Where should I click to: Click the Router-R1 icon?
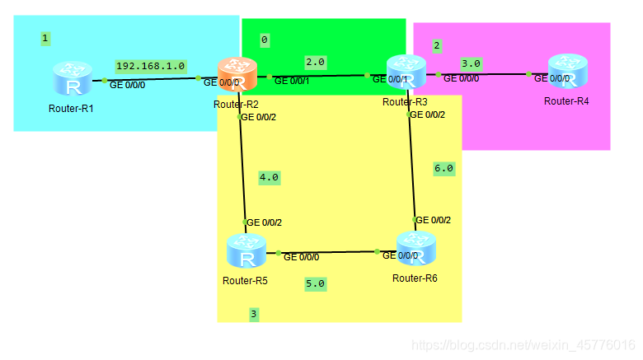(x=72, y=80)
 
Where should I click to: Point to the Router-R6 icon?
(x=416, y=250)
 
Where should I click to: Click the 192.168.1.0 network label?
(x=151, y=66)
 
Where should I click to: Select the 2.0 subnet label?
(x=315, y=62)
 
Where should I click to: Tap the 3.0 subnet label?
(x=471, y=63)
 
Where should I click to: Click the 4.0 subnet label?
(x=269, y=177)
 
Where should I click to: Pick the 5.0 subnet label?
(x=316, y=283)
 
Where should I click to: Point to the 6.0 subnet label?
(x=444, y=168)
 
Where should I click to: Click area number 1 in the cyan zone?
(x=45, y=38)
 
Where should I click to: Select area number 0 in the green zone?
(x=264, y=40)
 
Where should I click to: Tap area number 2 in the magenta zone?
(x=437, y=45)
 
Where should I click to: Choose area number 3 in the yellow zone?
(x=254, y=314)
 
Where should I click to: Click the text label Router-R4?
(x=566, y=101)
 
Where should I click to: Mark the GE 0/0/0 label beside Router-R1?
(x=128, y=84)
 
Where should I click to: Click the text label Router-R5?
(x=245, y=280)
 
